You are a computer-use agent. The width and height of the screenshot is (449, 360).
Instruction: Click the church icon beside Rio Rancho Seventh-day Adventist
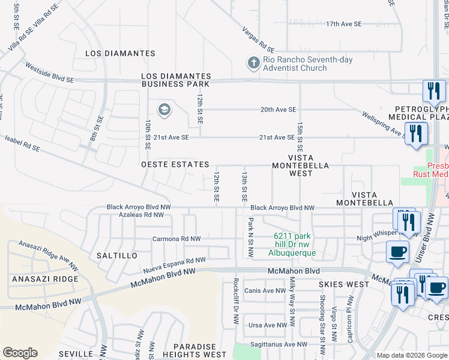tap(253, 62)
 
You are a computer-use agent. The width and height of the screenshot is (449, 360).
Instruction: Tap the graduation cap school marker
tap(164, 110)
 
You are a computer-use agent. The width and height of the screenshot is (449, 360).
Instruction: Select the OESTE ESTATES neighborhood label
tap(175, 164)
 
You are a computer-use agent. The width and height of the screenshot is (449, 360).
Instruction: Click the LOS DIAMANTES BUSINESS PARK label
tap(176, 80)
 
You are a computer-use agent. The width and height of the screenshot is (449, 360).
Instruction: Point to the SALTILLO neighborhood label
tap(117, 256)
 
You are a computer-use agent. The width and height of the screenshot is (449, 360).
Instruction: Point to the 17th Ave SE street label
tap(343, 24)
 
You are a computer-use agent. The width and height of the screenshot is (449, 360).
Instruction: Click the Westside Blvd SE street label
tap(49, 71)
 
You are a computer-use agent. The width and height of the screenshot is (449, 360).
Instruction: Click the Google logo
tap(20, 353)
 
